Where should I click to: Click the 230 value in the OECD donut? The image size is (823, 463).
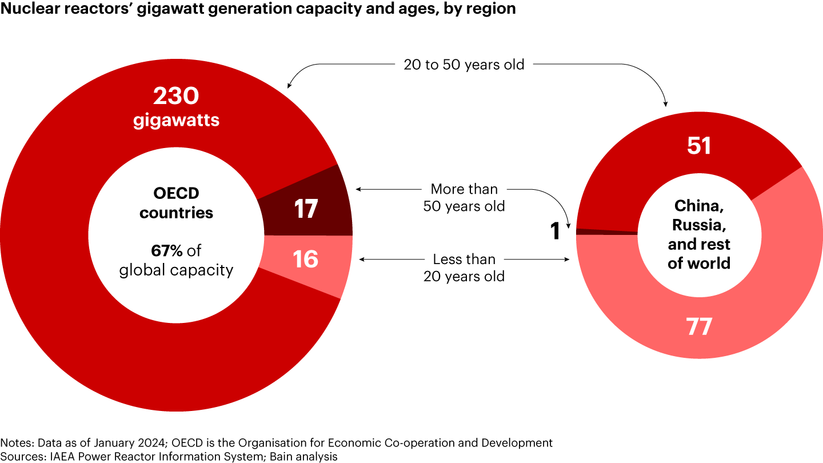(x=175, y=96)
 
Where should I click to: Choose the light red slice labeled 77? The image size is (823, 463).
(x=699, y=326)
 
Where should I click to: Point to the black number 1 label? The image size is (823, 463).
(x=554, y=232)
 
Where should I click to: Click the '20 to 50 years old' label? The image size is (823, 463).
(x=464, y=65)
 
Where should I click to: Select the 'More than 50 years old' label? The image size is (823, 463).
(x=464, y=197)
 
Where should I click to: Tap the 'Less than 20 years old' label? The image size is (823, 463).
(x=464, y=268)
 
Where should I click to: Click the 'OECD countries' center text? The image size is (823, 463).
(x=176, y=203)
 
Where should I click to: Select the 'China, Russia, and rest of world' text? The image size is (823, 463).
(x=699, y=234)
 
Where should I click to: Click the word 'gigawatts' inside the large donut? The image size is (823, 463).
(x=176, y=121)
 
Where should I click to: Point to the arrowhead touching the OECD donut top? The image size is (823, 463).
(x=288, y=87)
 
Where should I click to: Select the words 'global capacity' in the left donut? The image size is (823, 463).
(x=176, y=270)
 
